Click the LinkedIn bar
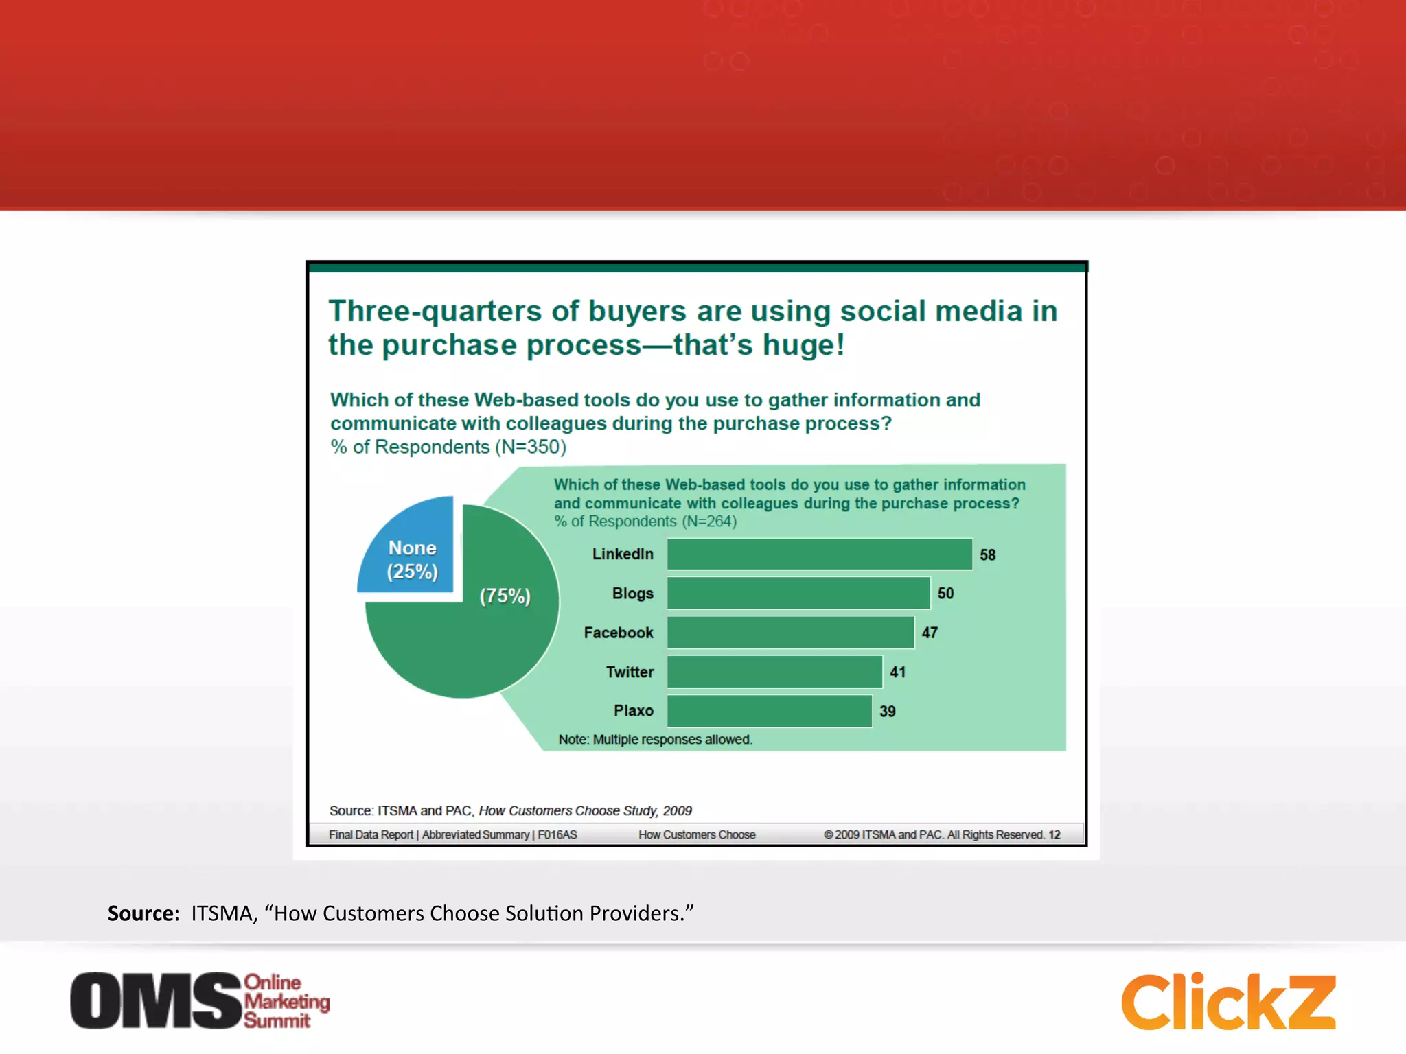pos(819,554)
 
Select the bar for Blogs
pos(798,593)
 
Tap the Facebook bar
pos(790,632)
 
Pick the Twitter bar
pos(774,671)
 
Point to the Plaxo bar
pos(769,711)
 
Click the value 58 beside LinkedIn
pos(987,554)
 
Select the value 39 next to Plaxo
pos(887,712)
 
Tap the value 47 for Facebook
pos(930,633)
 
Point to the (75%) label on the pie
pos(505,596)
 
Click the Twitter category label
pos(630,672)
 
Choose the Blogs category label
pos(632,594)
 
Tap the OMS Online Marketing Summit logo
pos(200,1000)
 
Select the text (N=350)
pos(531,447)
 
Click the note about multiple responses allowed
pos(655,740)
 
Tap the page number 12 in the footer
pos(1054,834)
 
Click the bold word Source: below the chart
pos(143,913)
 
